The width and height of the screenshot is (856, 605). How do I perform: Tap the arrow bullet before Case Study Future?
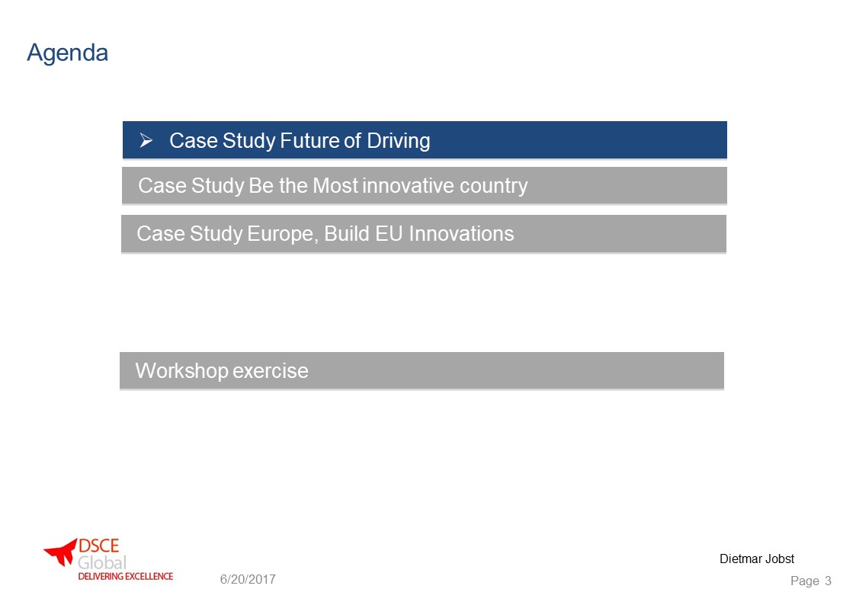[x=146, y=141]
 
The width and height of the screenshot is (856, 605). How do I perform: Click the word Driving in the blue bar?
[x=399, y=141]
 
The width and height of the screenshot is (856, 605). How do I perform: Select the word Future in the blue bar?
[x=309, y=141]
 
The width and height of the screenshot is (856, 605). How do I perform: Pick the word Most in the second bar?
[x=335, y=185]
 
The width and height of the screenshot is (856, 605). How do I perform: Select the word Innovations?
[x=461, y=233]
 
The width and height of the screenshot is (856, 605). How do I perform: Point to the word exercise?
[x=271, y=371]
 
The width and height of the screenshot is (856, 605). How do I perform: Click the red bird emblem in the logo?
[x=60, y=552]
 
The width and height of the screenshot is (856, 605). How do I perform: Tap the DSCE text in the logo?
[x=98, y=546]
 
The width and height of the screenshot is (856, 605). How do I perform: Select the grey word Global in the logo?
[x=102, y=562]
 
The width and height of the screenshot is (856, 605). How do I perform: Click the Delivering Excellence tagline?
[x=126, y=576]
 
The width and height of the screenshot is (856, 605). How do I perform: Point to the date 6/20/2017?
[x=248, y=579]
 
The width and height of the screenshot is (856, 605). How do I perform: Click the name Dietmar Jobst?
[x=757, y=559]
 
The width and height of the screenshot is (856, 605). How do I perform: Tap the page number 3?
[x=828, y=581]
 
